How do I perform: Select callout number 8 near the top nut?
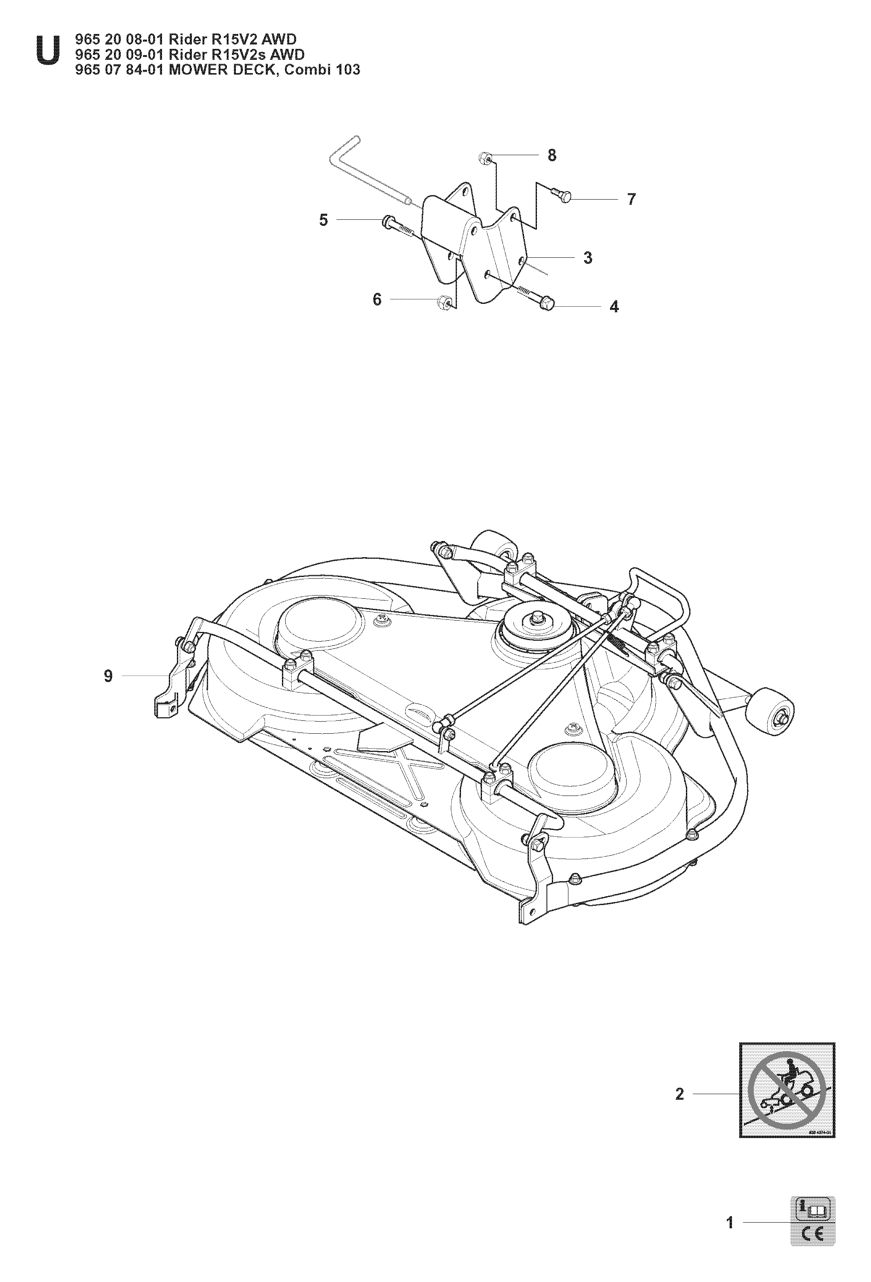pos(551,156)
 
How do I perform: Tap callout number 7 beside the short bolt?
pos(631,199)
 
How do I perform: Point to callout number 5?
pos(323,220)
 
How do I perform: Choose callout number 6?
pos(377,299)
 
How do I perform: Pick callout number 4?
pos(614,307)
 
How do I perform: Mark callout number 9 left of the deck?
pos(108,676)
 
